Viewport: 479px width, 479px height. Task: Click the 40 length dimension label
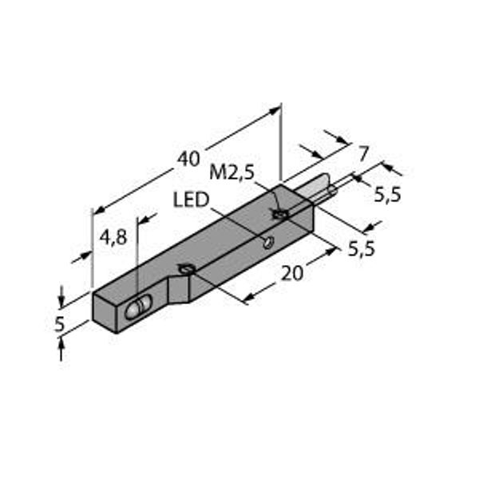click(188, 158)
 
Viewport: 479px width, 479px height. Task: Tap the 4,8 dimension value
click(113, 238)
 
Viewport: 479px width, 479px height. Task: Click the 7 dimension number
click(364, 152)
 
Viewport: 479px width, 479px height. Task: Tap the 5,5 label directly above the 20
click(362, 249)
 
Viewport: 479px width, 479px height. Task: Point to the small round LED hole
click(269, 241)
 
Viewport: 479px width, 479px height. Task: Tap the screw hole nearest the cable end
click(279, 214)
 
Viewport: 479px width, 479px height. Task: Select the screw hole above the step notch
click(185, 270)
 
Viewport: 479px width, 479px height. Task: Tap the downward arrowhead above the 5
click(61, 300)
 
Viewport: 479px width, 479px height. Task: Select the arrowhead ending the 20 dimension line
click(330, 253)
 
